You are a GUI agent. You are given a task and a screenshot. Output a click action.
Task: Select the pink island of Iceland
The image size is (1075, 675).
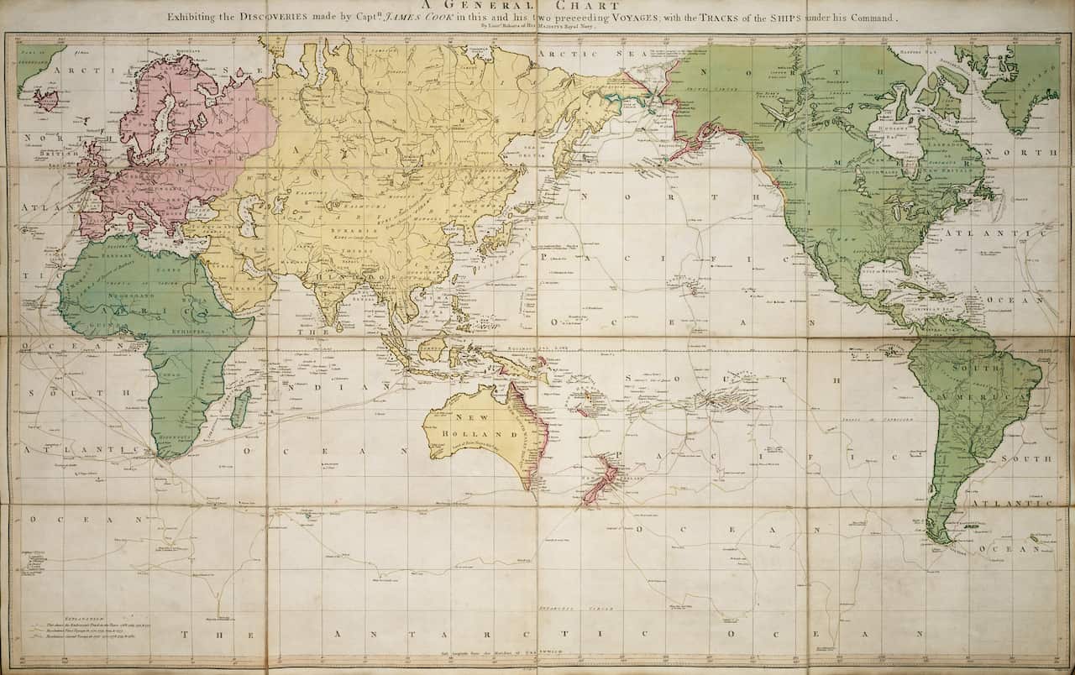(x=45, y=100)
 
